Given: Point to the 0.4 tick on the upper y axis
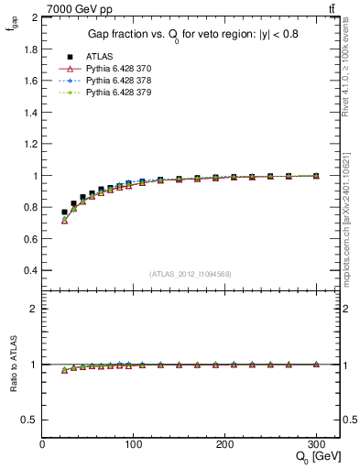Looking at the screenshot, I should coord(30,271).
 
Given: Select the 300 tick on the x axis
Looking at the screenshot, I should coord(315,443).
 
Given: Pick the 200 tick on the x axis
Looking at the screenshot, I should coord(224,443).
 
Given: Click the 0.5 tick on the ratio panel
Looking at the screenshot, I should coord(30,420).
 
